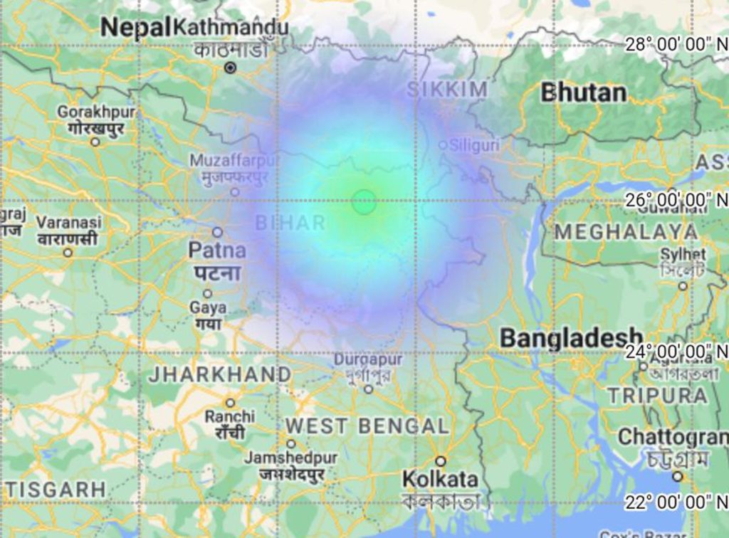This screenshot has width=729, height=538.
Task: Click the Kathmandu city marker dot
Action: coord(230,68)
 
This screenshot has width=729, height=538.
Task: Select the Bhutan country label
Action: coord(584,93)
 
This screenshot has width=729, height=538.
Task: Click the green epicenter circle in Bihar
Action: coord(364,202)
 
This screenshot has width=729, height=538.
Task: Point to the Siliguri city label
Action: coord(473,145)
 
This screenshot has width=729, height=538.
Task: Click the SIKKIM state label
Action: coord(447,90)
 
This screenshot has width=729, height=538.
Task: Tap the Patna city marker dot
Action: coord(217,232)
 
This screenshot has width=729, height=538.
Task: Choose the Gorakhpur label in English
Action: coord(96,112)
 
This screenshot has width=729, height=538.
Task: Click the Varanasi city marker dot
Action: coord(68,252)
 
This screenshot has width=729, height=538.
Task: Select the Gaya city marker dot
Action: coord(207,293)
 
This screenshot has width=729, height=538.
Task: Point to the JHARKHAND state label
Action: coord(219,374)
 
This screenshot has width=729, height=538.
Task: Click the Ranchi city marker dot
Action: coord(230,403)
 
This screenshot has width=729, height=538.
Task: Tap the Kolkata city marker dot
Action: coord(441,460)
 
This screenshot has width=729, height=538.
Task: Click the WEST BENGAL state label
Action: coord(367,426)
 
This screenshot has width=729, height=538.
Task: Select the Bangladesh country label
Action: coord(572,338)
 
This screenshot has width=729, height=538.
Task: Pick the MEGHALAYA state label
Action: coord(626,232)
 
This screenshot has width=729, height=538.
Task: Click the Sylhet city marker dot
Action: coord(683,285)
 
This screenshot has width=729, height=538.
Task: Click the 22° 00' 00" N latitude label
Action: coord(676,502)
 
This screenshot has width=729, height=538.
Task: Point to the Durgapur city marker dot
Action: coord(368,389)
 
